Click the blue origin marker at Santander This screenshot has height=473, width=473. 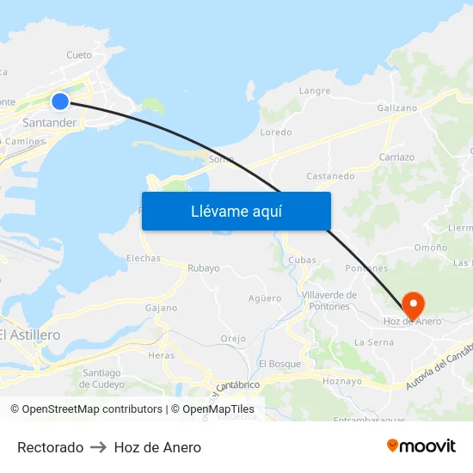coord(59,101)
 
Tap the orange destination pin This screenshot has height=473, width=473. coord(414,304)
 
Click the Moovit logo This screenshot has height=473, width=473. coord(421,446)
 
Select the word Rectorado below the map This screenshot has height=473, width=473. coord(50,447)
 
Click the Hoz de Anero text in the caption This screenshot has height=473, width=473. coord(157,447)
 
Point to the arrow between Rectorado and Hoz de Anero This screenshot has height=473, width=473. coord(98,447)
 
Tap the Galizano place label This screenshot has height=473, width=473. coord(397,108)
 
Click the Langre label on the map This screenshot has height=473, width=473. coord(314,90)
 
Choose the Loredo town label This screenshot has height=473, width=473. coord(276,132)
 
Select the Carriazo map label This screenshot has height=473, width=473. coord(396,157)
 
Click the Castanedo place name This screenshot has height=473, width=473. coord(330,176)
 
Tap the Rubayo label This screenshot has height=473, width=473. coord(204,267)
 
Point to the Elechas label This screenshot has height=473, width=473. coord(144,258)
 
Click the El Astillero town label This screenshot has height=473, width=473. coord(31,335)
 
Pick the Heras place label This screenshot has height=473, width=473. coord(161,355)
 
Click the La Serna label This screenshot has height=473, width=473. coord(374,342)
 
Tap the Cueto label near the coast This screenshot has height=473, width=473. coord(79,55)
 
